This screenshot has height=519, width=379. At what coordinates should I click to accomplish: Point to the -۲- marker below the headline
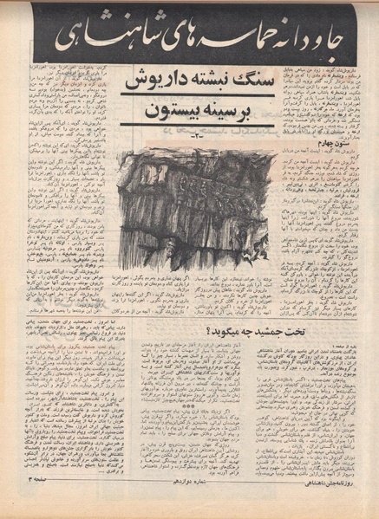pos(195,134)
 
